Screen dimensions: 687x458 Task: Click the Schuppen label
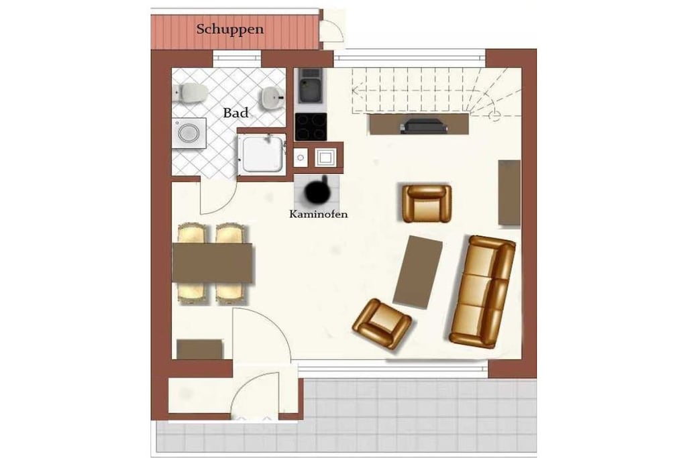(x=230, y=30)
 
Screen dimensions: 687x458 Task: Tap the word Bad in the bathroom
(x=235, y=113)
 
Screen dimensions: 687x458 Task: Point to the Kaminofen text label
(x=319, y=214)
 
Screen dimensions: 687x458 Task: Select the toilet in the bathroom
(x=191, y=92)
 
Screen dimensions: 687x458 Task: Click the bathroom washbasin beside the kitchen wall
(x=273, y=97)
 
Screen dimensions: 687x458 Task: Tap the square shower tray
(x=262, y=154)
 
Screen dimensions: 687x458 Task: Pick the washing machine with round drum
(x=189, y=133)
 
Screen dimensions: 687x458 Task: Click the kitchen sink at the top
(x=311, y=86)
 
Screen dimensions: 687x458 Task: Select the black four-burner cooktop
(x=311, y=127)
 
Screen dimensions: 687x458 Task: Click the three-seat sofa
(x=482, y=292)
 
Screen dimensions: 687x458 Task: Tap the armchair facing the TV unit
(x=427, y=203)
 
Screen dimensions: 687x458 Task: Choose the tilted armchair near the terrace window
(x=382, y=324)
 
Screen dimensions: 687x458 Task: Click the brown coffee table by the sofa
(x=417, y=272)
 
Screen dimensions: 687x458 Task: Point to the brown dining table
(x=213, y=263)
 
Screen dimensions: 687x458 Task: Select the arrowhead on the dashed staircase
(x=356, y=91)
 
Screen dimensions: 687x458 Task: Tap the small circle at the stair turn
(x=494, y=115)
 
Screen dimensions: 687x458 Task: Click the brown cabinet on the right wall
(x=510, y=193)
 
